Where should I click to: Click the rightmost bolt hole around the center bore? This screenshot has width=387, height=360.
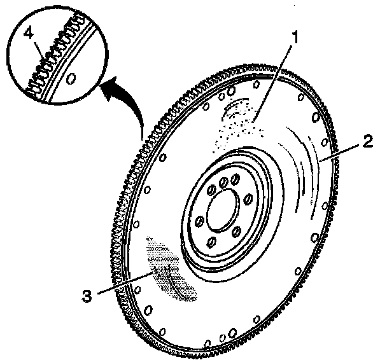[x=246, y=200]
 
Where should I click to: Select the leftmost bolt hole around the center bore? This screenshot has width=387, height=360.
[x=197, y=222]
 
